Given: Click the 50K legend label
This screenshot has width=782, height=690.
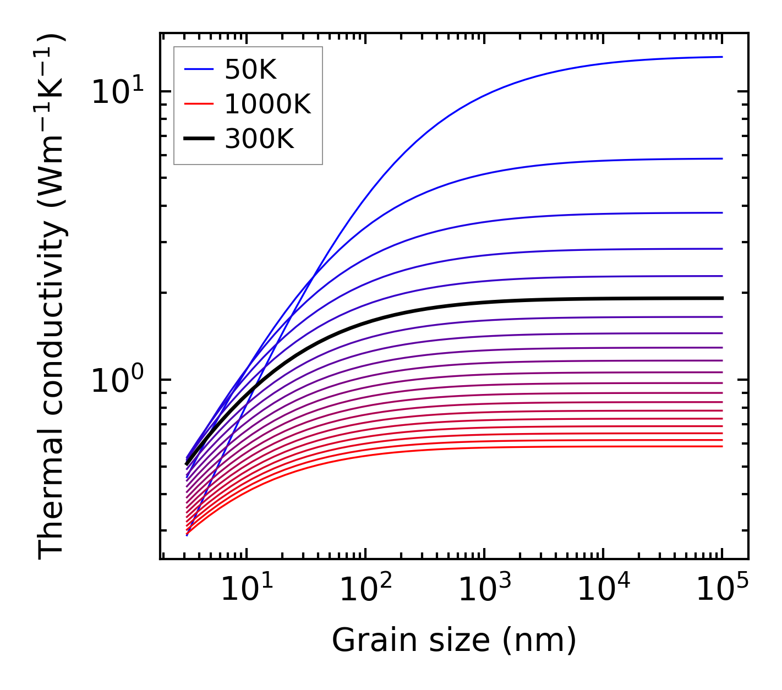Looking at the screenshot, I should click(x=250, y=70).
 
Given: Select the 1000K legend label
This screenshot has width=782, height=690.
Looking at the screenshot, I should click(x=267, y=104).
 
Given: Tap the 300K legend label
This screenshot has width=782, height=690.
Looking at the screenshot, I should click(x=259, y=139).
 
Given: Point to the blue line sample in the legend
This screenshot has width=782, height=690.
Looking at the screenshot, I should click(x=198, y=69).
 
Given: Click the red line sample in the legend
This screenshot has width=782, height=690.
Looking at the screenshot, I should click(x=198, y=104).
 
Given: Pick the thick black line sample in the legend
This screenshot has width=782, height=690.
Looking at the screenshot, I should click(x=198, y=139).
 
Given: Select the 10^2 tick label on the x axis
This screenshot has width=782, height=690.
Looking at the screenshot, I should click(x=365, y=590).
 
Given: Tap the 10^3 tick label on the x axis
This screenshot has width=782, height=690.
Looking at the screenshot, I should click(x=484, y=590).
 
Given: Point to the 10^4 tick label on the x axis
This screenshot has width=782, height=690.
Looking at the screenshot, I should click(x=603, y=590).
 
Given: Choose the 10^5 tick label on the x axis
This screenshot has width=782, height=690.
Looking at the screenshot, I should click(x=722, y=590).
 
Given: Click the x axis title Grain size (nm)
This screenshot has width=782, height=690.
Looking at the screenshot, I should click(x=454, y=640).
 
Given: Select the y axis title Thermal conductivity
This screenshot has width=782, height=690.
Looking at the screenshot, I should click(x=52, y=297).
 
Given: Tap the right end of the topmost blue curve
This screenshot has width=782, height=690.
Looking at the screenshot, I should click(x=721, y=57).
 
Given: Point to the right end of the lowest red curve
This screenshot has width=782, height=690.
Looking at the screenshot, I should click(x=721, y=446).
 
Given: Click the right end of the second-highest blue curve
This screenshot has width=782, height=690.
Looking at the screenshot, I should click(x=721, y=158).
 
